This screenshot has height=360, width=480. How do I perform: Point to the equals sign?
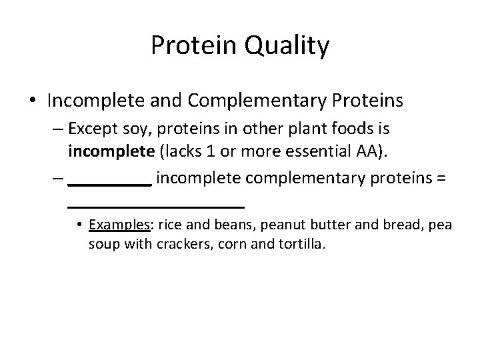point(440,179)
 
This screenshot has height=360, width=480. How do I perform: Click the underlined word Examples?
point(121,225)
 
